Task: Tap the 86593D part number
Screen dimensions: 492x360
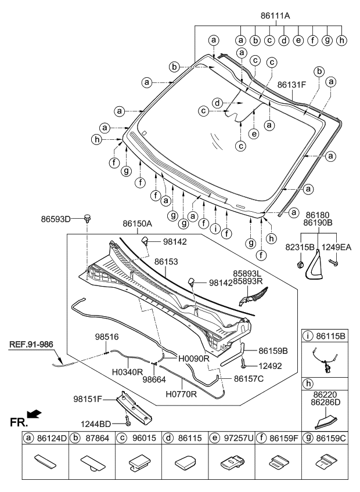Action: pos(55,219)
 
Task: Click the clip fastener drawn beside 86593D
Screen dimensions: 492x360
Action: pos(88,219)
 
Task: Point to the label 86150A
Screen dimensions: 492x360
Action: pos(137,223)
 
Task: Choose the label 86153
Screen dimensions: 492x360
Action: pos(166,262)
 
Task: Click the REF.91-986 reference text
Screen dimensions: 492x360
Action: pos(31,344)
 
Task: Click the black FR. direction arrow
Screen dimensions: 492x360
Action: pos(35,414)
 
